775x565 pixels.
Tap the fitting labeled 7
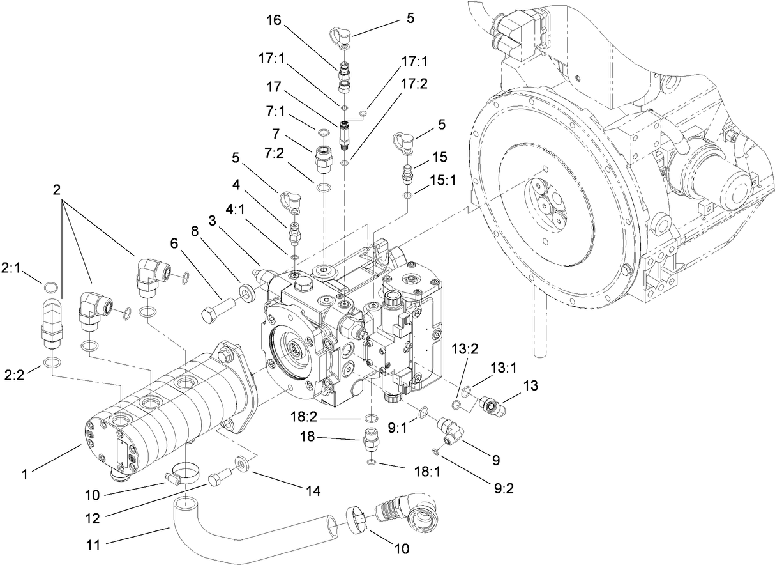coord(323,157)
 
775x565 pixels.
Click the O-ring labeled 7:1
coord(323,132)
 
